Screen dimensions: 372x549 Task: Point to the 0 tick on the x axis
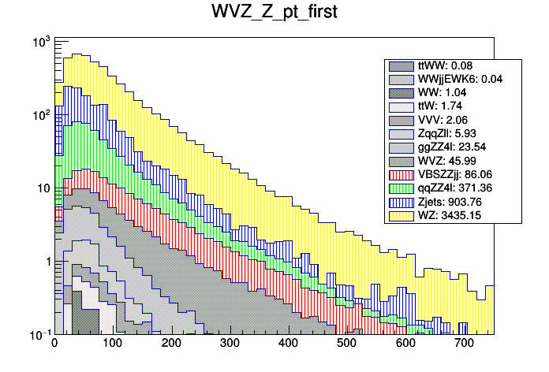coord(54,344)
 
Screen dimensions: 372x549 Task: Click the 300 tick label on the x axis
coord(230,344)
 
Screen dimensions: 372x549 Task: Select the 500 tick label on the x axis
coord(346,344)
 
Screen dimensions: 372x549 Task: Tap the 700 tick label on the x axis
coord(463,344)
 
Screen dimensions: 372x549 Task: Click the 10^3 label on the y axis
coord(39,41)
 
